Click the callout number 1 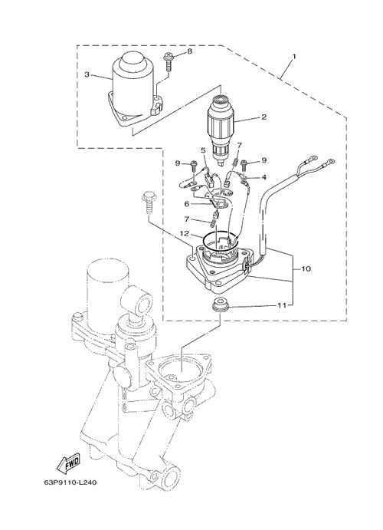[x=294, y=57]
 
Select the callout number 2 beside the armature [x=264, y=117]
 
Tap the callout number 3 [x=87, y=74]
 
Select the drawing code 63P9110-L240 [x=70, y=482]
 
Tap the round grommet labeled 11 [x=221, y=303]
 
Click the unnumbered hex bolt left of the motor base [x=148, y=202]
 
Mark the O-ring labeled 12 [x=221, y=242]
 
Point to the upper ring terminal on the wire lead [x=313, y=158]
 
